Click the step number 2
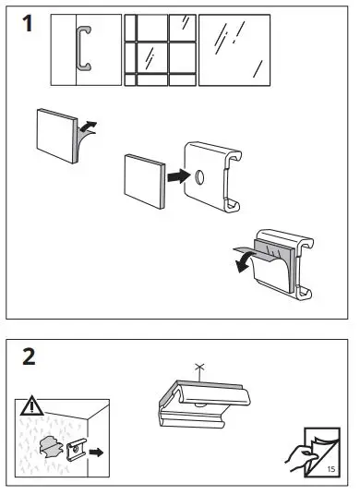[x=29, y=356]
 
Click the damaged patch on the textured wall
[x=52, y=444]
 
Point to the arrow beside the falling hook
[x=96, y=453]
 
